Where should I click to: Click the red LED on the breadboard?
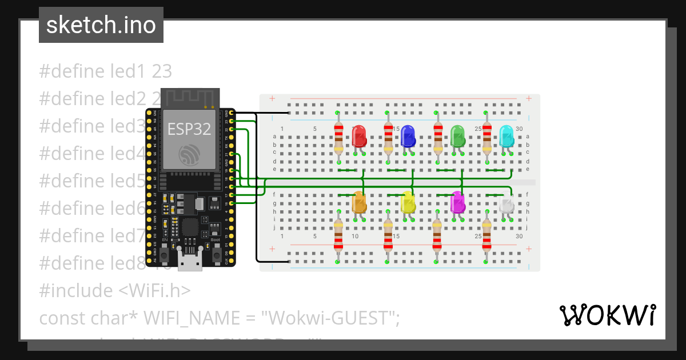[359, 137]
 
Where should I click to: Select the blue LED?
[408, 136]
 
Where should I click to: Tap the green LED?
[457, 136]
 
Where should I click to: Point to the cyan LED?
[506, 136]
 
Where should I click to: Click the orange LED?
[359, 203]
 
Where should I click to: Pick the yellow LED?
[408, 203]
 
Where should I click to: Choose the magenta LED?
[457, 203]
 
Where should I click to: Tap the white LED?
[506, 205]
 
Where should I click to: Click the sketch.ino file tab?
[101, 25]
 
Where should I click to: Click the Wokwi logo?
[607, 315]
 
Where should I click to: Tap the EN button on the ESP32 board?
[165, 254]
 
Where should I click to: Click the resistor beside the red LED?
[338, 137]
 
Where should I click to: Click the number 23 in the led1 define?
[162, 71]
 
